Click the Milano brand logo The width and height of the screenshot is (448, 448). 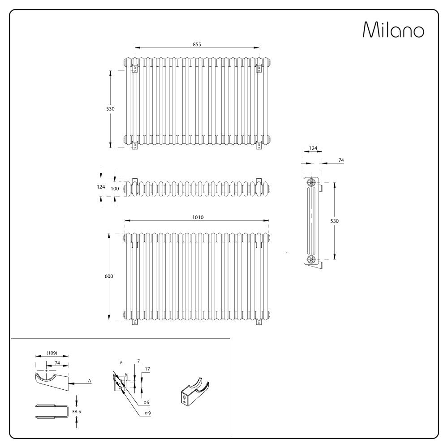pyautogui.click(x=393, y=30)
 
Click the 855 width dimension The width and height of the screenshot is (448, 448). pyautogui.click(x=197, y=44)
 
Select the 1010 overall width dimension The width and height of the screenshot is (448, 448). pyautogui.click(x=198, y=217)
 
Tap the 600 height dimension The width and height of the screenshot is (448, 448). pyautogui.click(x=109, y=276)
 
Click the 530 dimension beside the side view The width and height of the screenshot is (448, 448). pyautogui.click(x=341, y=221)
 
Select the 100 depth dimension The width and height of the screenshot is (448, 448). pyautogui.click(x=115, y=189)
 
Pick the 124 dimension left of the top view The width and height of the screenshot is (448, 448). pyautogui.click(x=101, y=187)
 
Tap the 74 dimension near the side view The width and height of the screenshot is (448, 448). pyautogui.click(x=340, y=160)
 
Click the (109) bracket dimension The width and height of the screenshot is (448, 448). pyautogui.click(x=52, y=353)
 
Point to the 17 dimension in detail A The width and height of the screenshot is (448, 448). pyautogui.click(x=147, y=369)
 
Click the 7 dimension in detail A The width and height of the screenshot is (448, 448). pyautogui.click(x=139, y=361)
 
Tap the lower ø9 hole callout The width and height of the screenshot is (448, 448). pyautogui.click(x=147, y=413)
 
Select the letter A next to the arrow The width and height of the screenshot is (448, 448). pyautogui.click(x=90, y=380)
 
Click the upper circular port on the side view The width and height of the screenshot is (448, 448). pyautogui.click(x=310, y=183)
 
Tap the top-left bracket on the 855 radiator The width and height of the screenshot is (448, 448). pyautogui.click(x=134, y=69)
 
